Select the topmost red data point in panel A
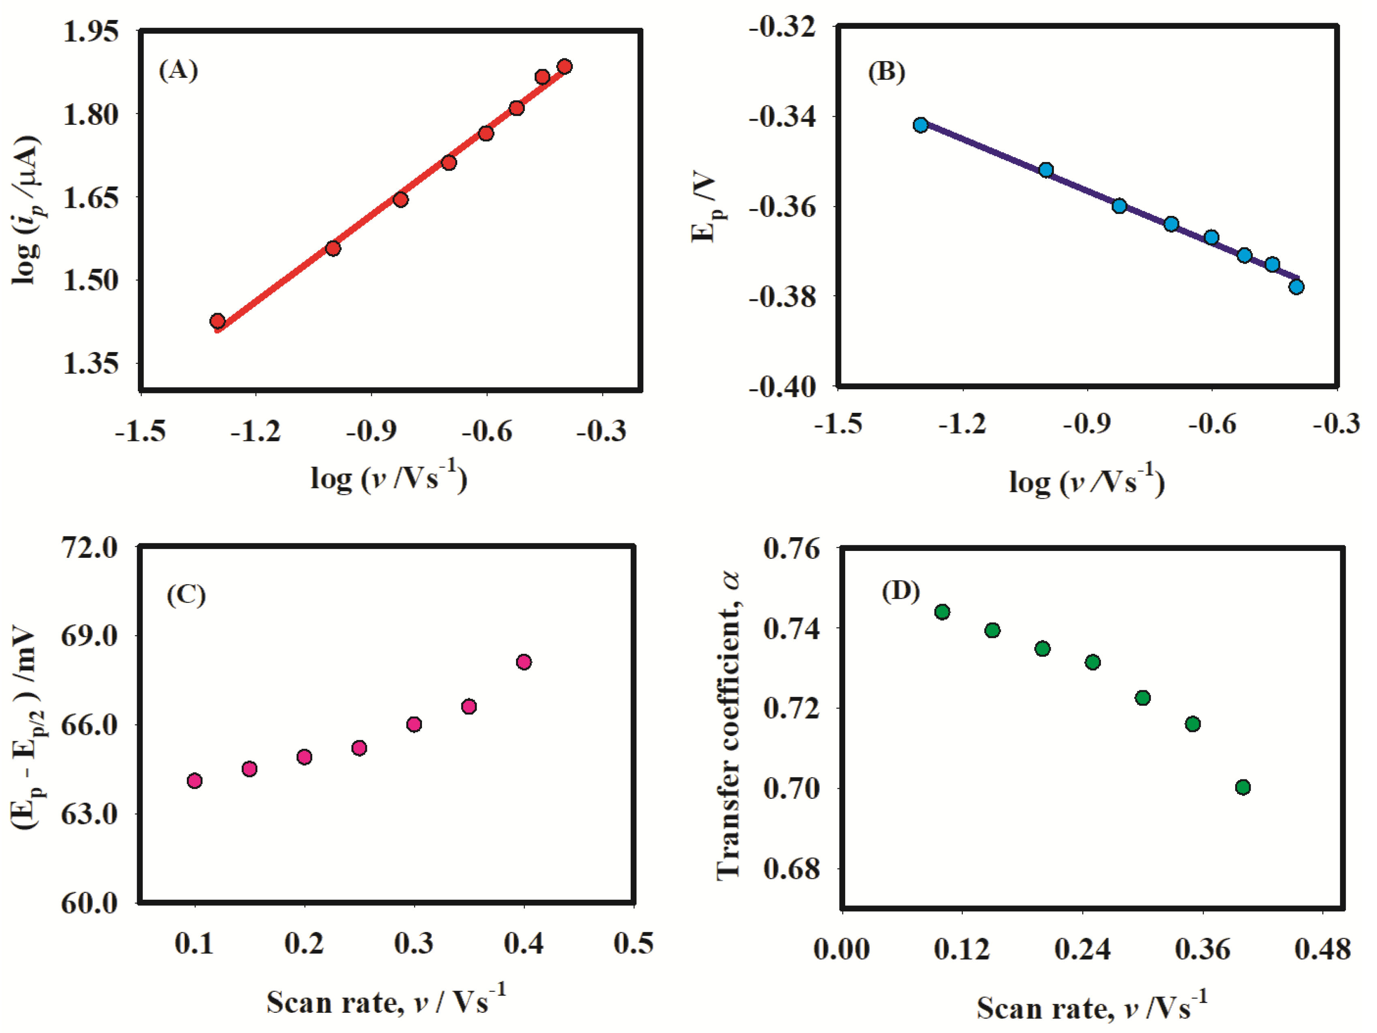(565, 66)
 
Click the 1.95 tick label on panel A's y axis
(90, 31)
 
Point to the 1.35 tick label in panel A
(90, 363)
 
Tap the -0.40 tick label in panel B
(782, 387)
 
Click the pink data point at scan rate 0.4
(524, 662)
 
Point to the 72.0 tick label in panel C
(89, 548)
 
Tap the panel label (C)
(186, 595)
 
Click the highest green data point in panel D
(942, 612)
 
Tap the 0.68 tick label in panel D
(792, 869)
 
